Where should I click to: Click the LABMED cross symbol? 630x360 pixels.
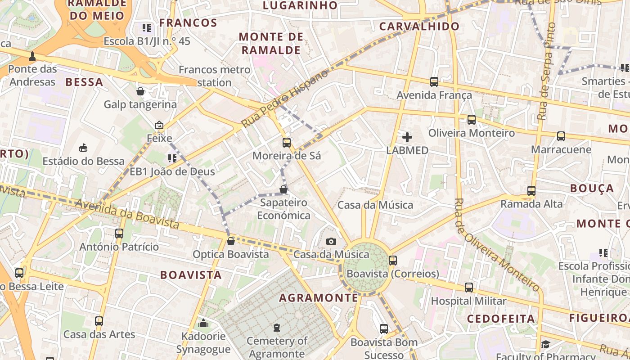coord(407,137)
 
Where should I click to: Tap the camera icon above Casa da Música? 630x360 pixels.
coord(331,242)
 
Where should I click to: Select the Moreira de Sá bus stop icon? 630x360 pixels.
coord(287,143)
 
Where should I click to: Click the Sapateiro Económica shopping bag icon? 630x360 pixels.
coord(283,190)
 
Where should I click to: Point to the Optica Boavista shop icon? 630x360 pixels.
coord(231,241)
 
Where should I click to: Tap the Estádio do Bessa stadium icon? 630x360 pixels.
coord(83,148)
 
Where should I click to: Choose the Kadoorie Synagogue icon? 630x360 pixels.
coord(203,323)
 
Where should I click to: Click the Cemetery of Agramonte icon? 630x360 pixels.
coord(277,328)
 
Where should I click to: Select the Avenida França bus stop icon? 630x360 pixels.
coord(434,82)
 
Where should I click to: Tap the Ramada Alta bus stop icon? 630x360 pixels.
coord(531,191)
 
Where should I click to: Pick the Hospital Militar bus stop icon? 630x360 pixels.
coord(469,288)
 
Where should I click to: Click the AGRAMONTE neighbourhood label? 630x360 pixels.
coord(319,298)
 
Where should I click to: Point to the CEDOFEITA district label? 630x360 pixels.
coord(501,319)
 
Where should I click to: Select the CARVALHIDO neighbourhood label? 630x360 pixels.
coord(419,27)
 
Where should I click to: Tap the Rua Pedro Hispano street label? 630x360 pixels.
coord(285,98)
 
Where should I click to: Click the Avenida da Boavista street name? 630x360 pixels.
coord(127,214)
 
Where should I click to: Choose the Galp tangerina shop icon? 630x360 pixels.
coord(140,92)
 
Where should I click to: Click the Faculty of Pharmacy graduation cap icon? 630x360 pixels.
coord(546,345)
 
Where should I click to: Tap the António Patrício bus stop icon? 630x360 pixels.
coord(119,234)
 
